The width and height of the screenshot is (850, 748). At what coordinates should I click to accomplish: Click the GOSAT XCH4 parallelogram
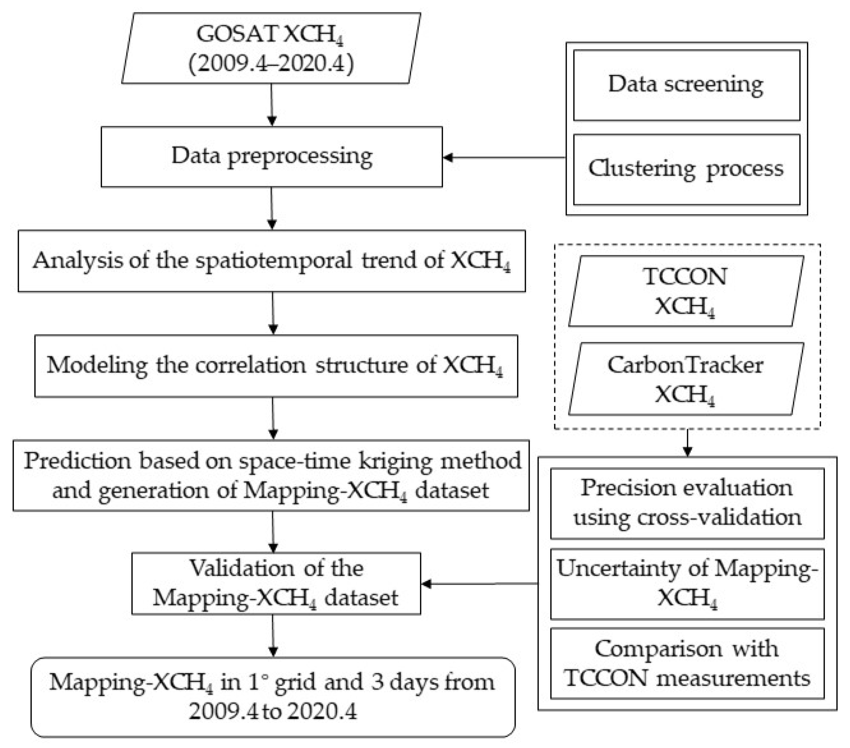click(x=271, y=48)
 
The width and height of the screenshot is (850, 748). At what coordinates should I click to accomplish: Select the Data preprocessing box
click(x=272, y=157)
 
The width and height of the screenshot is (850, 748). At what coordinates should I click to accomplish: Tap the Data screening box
click(x=686, y=85)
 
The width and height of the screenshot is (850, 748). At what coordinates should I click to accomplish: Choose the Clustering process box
click(x=686, y=169)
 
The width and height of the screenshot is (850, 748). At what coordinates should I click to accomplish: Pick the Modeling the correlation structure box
click(x=276, y=366)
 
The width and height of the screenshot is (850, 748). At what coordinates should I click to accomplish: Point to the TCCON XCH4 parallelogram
click(x=685, y=291)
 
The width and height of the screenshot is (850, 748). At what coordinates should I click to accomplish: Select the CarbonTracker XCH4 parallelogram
click(x=685, y=378)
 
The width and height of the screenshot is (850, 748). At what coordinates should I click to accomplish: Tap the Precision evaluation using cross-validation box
click(x=687, y=503)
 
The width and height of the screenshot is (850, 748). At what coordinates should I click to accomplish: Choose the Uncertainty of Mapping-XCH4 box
click(x=687, y=583)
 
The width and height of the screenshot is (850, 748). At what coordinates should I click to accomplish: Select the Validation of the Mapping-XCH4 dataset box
click(x=276, y=583)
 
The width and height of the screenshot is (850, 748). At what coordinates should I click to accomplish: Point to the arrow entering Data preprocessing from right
click(x=503, y=157)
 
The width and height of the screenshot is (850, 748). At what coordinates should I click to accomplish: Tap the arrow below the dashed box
click(x=688, y=443)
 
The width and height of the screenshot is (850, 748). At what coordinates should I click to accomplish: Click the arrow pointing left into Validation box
click(x=478, y=583)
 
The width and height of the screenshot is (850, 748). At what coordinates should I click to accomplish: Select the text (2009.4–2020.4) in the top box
click(x=271, y=64)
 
